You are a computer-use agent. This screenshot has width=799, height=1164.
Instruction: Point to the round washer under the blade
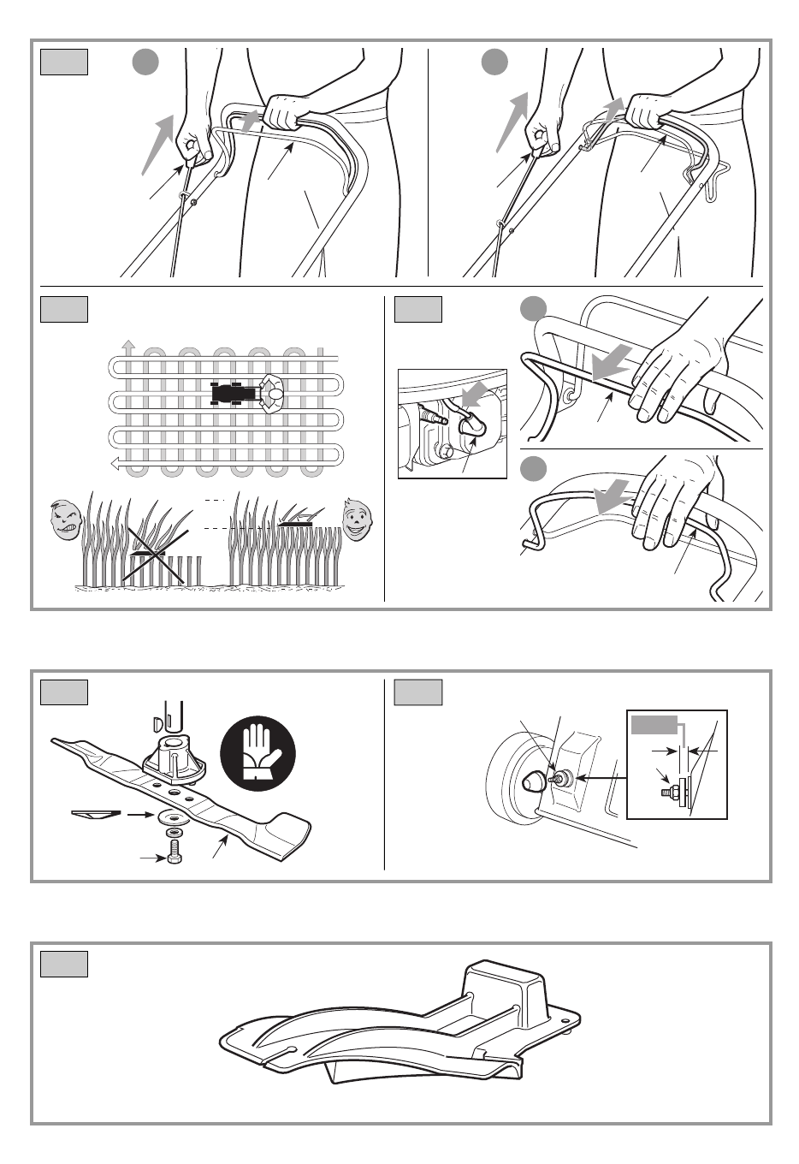click(174, 817)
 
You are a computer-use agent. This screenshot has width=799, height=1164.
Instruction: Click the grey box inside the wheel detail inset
click(654, 725)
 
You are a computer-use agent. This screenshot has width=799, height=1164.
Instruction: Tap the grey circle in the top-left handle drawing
click(145, 62)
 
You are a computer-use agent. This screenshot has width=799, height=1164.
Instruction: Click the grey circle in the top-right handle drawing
click(494, 62)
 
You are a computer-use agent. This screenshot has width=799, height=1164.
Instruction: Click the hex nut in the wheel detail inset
click(666, 793)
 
